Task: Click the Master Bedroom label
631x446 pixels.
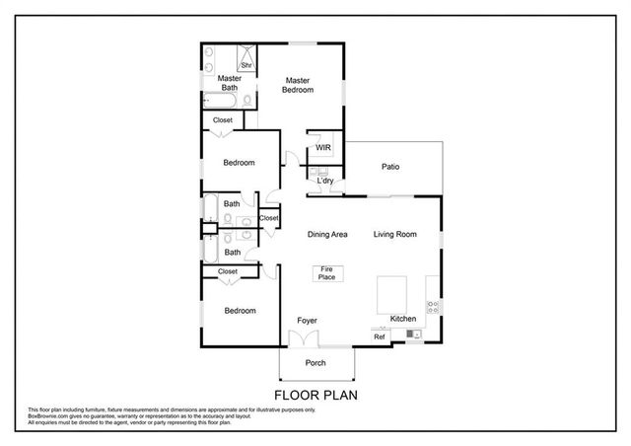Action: [x=299, y=85]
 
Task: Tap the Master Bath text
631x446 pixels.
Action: [x=229, y=83]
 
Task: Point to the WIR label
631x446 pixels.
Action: [x=322, y=148]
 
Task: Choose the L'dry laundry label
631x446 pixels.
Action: [x=323, y=181]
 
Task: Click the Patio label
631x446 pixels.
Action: [x=390, y=167]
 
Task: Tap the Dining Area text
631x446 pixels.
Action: [x=326, y=235]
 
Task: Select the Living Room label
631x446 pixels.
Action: [x=394, y=235]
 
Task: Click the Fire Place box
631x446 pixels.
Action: [x=324, y=274]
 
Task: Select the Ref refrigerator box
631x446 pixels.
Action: [x=380, y=337]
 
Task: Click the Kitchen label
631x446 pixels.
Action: [x=403, y=320]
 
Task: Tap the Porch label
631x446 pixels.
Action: [x=315, y=363]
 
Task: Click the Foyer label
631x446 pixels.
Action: [x=307, y=321]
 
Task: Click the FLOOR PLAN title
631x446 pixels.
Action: [x=315, y=395]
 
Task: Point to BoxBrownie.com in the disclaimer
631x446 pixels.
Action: [x=47, y=416]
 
